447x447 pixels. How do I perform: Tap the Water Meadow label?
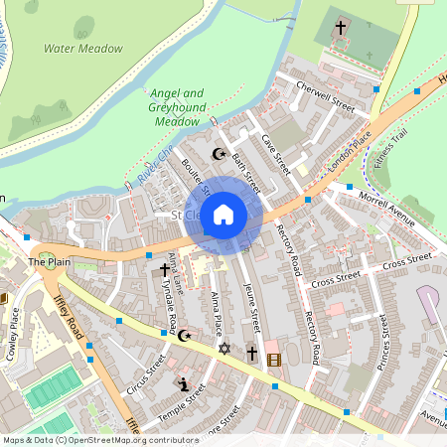(83, 48)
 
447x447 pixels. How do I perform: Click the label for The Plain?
(49, 262)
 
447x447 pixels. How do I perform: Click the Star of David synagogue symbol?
(224, 349)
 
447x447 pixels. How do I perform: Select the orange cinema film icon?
(274, 359)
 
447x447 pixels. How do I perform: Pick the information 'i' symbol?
(183, 383)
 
